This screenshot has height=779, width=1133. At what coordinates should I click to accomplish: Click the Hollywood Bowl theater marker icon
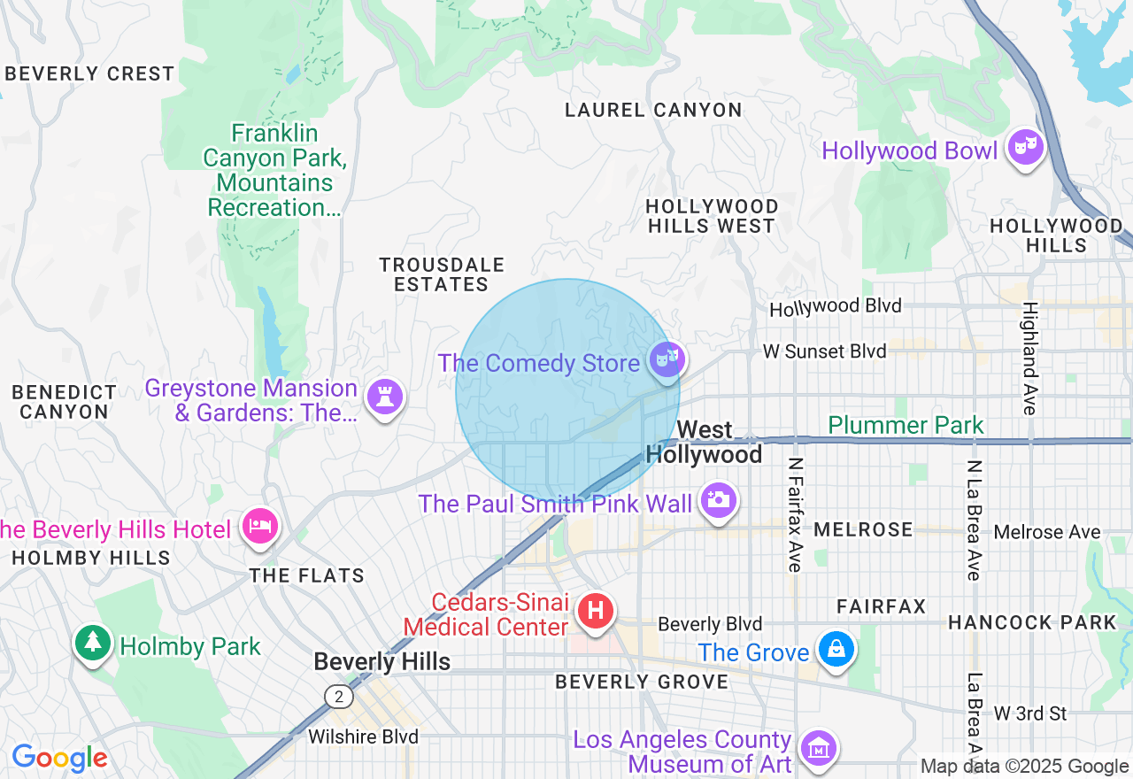tap(1025, 148)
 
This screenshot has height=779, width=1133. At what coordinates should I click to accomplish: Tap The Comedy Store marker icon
tap(666, 360)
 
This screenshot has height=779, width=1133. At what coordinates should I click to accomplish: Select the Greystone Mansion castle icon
tap(384, 397)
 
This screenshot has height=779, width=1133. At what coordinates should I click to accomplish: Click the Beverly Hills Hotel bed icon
tap(259, 526)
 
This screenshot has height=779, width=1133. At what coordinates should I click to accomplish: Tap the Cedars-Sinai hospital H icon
tap(596, 611)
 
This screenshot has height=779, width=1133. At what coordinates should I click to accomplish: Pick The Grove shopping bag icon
tap(836, 651)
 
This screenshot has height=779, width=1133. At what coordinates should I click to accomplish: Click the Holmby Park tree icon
tap(92, 643)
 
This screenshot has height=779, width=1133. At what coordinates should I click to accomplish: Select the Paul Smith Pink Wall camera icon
tap(718, 500)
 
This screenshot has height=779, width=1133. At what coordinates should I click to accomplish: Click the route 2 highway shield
tap(338, 697)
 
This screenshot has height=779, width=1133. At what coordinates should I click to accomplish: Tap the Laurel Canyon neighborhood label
tap(653, 110)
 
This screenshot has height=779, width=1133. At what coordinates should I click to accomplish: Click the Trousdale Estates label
tap(442, 274)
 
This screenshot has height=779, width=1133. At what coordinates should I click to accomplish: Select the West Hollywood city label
tap(704, 442)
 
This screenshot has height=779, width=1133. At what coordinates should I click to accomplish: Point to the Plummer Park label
tap(906, 425)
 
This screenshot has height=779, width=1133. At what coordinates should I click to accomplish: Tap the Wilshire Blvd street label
tap(363, 737)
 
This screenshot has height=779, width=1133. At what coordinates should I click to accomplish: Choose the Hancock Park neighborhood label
tap(1032, 622)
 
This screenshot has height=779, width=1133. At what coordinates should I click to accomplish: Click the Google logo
tap(59, 758)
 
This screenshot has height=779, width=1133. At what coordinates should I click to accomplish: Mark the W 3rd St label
tap(1029, 713)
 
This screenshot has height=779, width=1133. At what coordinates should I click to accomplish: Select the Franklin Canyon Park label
tap(273, 170)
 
